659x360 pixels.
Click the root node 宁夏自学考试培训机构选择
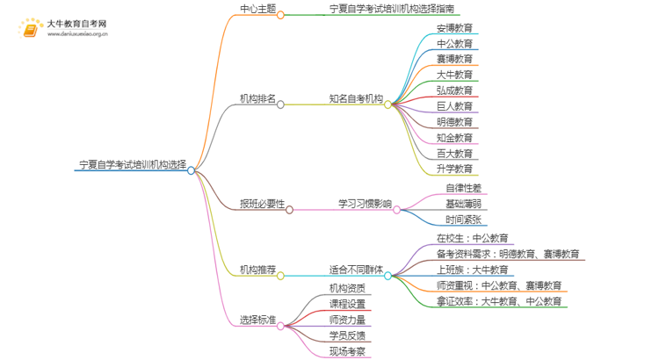(132, 164)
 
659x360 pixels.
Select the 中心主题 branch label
(257, 10)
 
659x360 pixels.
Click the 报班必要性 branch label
(262, 204)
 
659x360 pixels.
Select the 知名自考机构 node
(356, 98)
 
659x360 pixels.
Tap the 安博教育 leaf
(454, 27)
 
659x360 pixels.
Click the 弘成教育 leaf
(454, 90)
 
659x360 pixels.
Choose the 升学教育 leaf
(454, 169)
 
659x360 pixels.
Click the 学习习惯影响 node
(365, 204)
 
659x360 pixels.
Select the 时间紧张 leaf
(463, 220)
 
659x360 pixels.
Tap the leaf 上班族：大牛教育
(472, 270)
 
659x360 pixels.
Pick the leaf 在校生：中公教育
(472, 238)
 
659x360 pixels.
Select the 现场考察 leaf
(347, 351)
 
